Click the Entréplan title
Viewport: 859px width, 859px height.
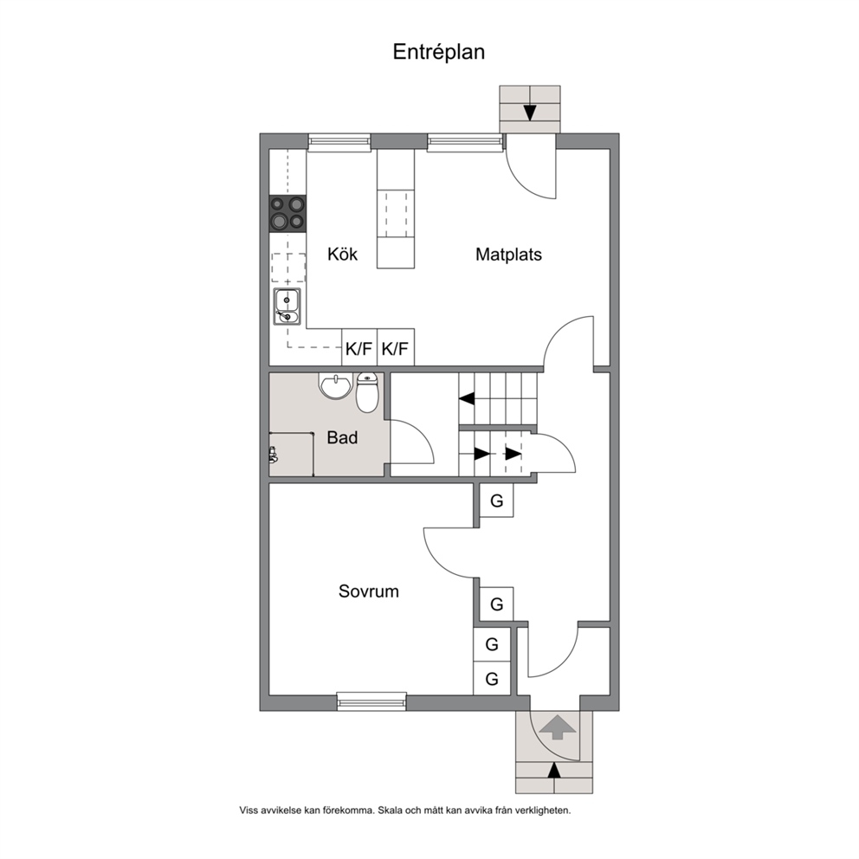[x=439, y=52]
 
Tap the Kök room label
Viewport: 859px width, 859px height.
[x=342, y=255]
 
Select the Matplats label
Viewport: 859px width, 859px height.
[x=508, y=255]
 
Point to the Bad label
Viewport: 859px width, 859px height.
[x=342, y=437]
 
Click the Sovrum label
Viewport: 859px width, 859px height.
[x=369, y=591]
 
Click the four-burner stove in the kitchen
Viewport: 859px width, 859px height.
[x=287, y=212]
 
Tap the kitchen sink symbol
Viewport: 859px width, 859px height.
[x=287, y=307]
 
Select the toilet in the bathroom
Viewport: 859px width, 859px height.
[x=366, y=392]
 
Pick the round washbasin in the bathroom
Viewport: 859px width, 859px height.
[x=335, y=386]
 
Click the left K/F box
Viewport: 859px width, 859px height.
[x=359, y=347]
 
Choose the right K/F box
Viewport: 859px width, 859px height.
[x=396, y=347]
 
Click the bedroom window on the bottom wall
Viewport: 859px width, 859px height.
[x=372, y=701]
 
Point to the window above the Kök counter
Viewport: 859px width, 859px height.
[x=339, y=142]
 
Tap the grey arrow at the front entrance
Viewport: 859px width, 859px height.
[x=558, y=727]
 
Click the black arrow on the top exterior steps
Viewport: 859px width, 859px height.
[x=530, y=113]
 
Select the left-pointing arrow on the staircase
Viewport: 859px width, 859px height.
[x=467, y=399]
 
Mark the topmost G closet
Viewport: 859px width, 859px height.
[x=496, y=501]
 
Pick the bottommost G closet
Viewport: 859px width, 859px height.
[x=492, y=679]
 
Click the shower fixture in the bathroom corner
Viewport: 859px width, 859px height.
[x=273, y=455]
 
